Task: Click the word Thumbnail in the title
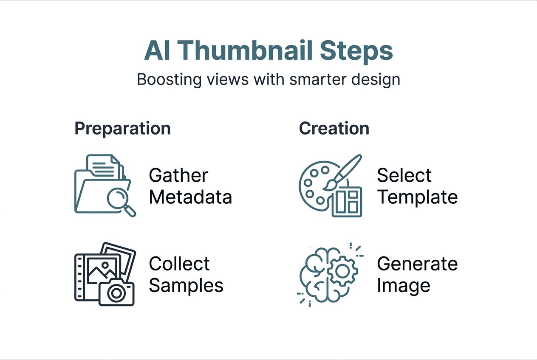coord(247,51)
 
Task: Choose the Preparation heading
coord(122,128)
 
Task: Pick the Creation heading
coord(334,128)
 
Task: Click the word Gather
coord(178,175)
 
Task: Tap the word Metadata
coord(190,197)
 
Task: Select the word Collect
coord(179,264)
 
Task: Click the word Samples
coord(186,285)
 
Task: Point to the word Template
coord(417,197)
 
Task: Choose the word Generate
coord(417,264)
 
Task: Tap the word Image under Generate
coord(403,285)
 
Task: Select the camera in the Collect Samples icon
coord(116,293)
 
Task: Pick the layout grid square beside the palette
coord(347,202)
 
